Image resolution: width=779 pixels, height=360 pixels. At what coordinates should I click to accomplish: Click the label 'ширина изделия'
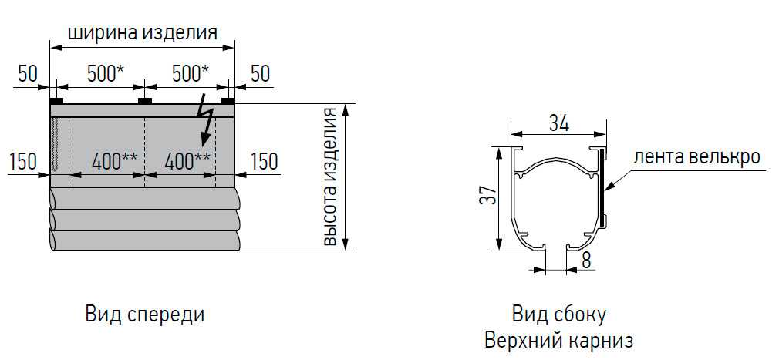tap(142, 32)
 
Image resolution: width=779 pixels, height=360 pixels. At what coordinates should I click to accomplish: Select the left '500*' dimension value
tap(106, 74)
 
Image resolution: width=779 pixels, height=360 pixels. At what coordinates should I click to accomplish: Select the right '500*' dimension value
tap(191, 74)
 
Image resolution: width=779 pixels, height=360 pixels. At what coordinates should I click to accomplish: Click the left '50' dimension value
tap(28, 74)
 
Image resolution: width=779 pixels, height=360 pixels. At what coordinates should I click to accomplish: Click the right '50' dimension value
tap(260, 74)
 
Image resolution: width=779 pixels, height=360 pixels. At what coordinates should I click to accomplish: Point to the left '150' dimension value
tap(23, 161)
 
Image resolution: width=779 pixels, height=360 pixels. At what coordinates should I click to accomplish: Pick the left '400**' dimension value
tap(115, 161)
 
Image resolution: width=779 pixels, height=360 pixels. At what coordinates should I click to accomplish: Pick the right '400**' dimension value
tap(187, 161)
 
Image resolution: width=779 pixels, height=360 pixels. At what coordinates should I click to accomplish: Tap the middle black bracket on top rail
tap(144, 101)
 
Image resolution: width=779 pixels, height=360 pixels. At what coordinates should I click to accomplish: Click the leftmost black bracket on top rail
tap(56, 101)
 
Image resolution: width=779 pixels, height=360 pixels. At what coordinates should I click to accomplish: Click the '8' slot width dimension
tap(586, 261)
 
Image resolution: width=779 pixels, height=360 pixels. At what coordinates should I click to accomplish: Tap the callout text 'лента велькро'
tap(696, 158)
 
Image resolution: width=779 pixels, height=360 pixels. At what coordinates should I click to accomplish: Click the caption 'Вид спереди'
tap(144, 315)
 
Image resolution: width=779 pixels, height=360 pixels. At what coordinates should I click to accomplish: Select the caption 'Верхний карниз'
tap(559, 341)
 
